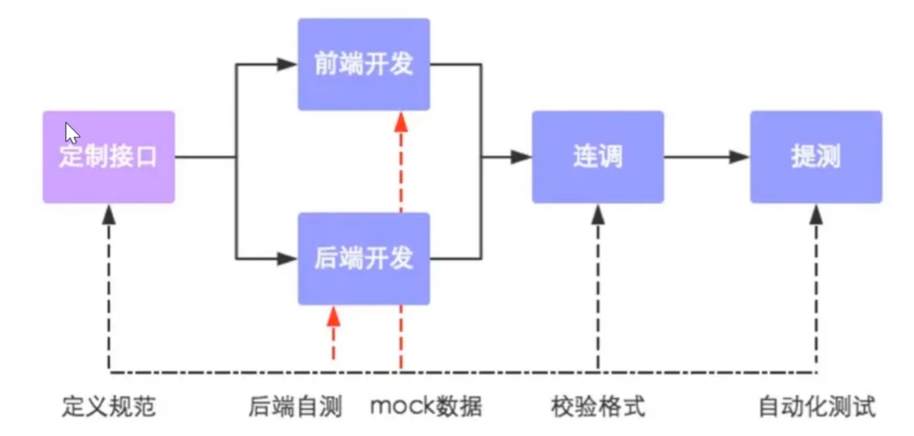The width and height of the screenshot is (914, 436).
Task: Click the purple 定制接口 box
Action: point(109,157)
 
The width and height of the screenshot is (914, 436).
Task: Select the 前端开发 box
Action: point(364,64)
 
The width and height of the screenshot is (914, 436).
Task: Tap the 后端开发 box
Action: point(364,258)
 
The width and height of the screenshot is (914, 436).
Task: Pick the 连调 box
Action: point(598,157)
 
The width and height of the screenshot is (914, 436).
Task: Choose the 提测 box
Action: point(816,157)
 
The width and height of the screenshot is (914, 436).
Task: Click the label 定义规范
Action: point(109,407)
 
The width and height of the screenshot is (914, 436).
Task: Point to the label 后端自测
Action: point(295,407)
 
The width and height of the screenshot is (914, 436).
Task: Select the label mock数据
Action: point(426,407)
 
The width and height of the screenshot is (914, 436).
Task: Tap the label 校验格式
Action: point(598,407)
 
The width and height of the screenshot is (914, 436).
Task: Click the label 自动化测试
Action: point(817,407)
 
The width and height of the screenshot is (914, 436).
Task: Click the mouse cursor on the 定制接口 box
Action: point(72,133)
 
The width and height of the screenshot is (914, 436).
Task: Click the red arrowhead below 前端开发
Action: point(401,121)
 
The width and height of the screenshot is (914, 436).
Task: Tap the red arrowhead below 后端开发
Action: point(334,316)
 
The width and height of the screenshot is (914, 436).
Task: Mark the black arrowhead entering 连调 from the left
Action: point(522,157)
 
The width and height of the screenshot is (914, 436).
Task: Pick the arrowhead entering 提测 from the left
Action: point(739,157)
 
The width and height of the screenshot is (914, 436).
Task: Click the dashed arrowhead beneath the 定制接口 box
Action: point(109,214)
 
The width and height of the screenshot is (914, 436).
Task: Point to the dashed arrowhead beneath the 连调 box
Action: point(598,214)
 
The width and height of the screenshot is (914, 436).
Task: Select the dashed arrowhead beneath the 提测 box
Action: point(817,214)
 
